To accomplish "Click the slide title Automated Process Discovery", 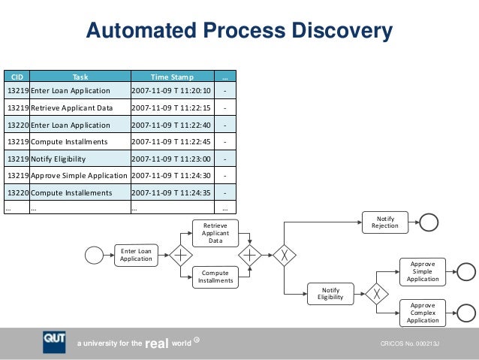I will (x=239, y=32).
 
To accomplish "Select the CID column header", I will (x=16, y=77).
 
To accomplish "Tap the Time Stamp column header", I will (x=172, y=77).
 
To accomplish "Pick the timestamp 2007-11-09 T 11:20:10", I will (x=172, y=91).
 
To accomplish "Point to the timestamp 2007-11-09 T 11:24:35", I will (x=172, y=192).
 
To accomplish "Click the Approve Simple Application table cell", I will (x=79, y=175).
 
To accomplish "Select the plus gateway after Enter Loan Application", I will (x=180, y=255).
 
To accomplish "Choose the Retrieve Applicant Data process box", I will (x=215, y=233).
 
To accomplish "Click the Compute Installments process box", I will (x=215, y=277).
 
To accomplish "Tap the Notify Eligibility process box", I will (x=330, y=292).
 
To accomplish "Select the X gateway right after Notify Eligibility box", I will (x=375, y=292).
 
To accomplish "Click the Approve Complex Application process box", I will (x=422, y=312).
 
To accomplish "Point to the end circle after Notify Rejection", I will (x=429, y=222).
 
